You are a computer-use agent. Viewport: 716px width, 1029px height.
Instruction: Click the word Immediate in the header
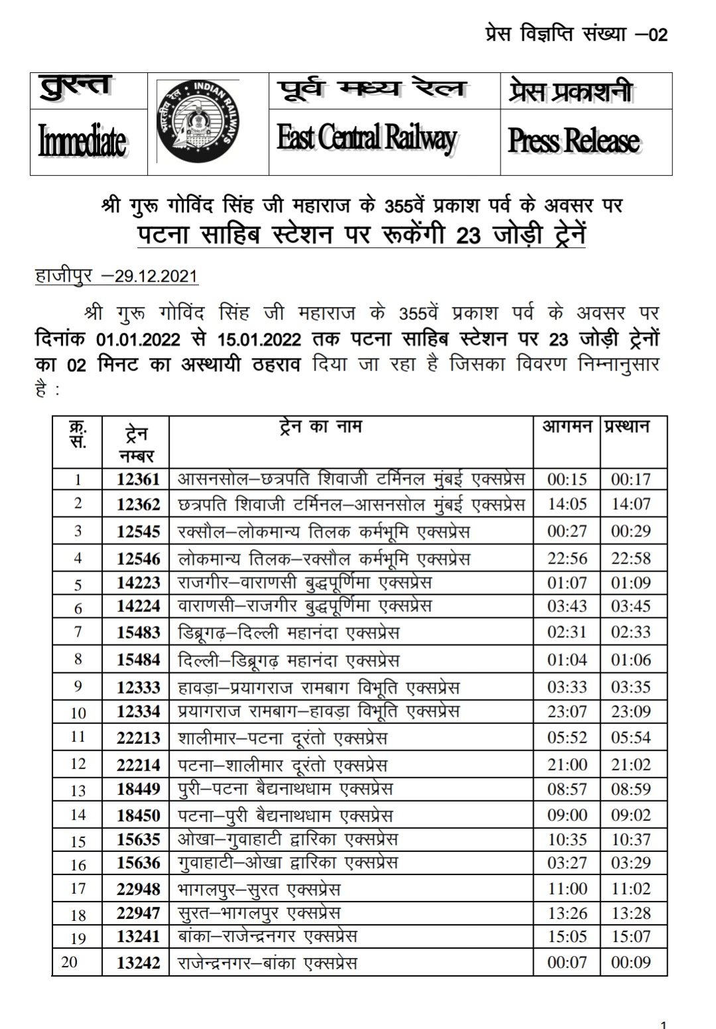point(82,142)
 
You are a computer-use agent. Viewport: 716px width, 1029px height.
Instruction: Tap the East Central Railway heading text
point(367,138)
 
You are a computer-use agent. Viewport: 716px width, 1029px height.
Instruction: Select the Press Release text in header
point(573,141)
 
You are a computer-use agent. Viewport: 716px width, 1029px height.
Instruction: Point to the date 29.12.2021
point(156,276)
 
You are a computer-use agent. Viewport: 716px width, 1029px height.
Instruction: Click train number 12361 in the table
point(138,479)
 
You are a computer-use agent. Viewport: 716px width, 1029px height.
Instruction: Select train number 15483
point(138,633)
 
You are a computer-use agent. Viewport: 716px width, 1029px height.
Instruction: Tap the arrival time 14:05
point(567,505)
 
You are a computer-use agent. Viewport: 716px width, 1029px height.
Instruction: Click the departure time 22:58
point(630,559)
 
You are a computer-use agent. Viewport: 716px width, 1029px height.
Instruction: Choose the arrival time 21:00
point(567,765)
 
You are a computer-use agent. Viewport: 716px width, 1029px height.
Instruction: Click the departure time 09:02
point(630,816)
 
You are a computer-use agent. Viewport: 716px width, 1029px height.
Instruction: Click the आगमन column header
point(567,427)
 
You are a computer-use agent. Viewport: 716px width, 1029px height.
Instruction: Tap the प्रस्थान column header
point(626,427)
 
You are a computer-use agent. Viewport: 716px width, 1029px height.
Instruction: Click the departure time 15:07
point(630,937)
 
